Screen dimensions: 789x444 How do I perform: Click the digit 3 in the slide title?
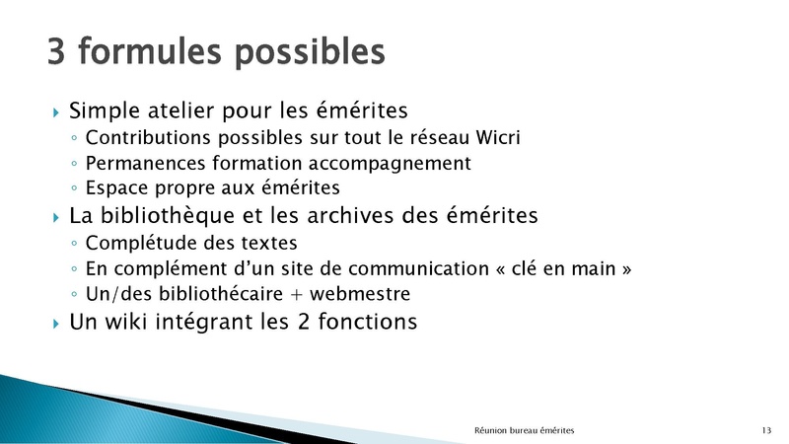point(56,51)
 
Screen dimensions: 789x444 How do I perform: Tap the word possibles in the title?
point(310,53)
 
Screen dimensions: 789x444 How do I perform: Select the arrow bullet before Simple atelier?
point(56,111)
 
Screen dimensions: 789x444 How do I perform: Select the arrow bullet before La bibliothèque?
point(56,217)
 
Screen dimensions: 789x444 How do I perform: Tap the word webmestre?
point(360,294)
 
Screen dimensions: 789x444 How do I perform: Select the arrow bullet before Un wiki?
point(56,324)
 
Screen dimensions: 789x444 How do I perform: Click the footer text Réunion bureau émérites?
point(524,430)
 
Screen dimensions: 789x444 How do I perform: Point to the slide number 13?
point(766,430)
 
